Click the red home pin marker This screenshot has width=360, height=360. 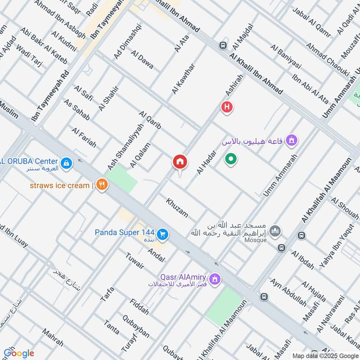[180, 162]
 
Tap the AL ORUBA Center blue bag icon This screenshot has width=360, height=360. [66, 162]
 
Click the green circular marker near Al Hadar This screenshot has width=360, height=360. [231, 159]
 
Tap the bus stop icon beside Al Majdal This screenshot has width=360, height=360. [223, 45]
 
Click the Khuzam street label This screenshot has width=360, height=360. [177, 207]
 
